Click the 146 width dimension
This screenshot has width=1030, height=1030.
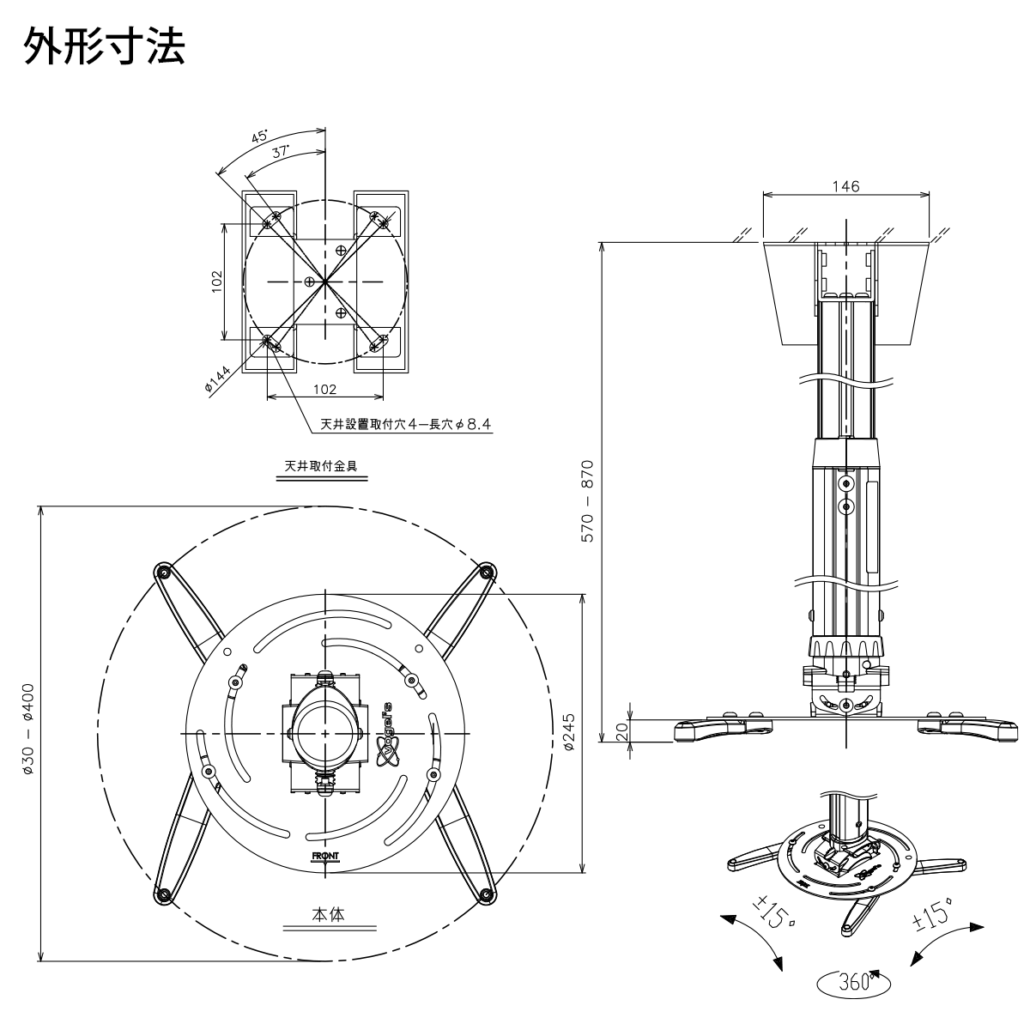coord(845,186)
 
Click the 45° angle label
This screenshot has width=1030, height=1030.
coord(258,136)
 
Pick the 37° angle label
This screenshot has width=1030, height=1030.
coord(280,152)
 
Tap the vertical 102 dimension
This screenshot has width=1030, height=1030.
coord(216,281)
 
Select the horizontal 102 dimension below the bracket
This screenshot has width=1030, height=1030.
coord(324,388)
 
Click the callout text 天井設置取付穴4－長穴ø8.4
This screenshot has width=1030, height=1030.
coord(391,423)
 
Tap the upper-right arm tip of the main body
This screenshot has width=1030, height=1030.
coord(487,573)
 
